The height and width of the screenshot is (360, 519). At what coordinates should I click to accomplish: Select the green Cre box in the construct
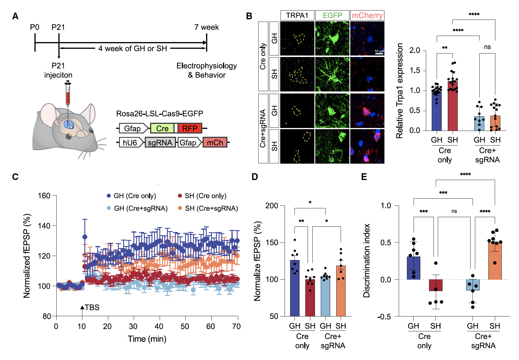[162, 129]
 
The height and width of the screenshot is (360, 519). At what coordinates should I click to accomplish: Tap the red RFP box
[190, 129]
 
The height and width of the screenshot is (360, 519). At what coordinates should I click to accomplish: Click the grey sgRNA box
[160, 143]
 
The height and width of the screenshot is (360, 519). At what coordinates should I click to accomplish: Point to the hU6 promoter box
[130, 143]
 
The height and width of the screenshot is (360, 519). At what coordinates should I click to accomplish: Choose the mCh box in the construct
[215, 143]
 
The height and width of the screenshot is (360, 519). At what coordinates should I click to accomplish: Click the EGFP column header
[332, 15]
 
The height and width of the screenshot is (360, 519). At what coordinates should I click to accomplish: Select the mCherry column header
[367, 15]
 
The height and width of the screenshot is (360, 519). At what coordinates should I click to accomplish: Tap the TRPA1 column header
[297, 15]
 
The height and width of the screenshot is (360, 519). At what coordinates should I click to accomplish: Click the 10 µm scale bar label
[379, 51]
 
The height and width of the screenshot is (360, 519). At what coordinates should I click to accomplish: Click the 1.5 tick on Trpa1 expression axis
[414, 70]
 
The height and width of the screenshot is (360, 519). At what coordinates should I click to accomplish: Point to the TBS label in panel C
[92, 307]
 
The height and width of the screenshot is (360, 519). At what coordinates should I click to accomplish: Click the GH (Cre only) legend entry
[135, 196]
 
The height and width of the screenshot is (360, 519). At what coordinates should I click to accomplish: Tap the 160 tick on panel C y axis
[44, 196]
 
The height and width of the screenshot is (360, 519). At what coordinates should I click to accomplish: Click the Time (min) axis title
[147, 339]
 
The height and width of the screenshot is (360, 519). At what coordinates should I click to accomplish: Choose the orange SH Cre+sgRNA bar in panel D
[341, 291]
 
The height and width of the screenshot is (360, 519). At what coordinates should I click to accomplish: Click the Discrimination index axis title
[367, 261]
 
